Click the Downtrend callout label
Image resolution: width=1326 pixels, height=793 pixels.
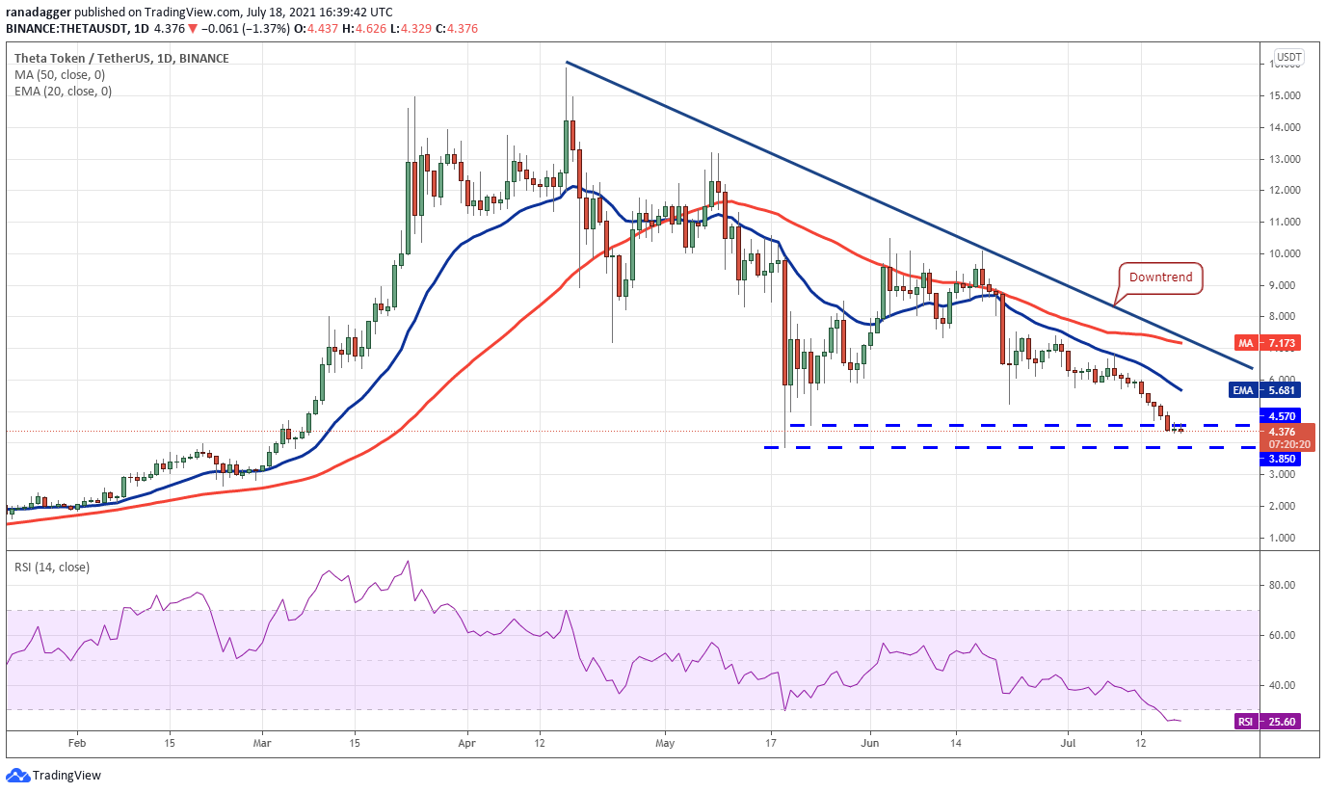pyautogui.click(x=1161, y=278)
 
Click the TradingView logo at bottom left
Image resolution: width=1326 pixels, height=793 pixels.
pyautogui.click(x=54, y=776)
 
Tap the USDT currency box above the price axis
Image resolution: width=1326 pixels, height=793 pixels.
pyautogui.click(x=1288, y=58)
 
